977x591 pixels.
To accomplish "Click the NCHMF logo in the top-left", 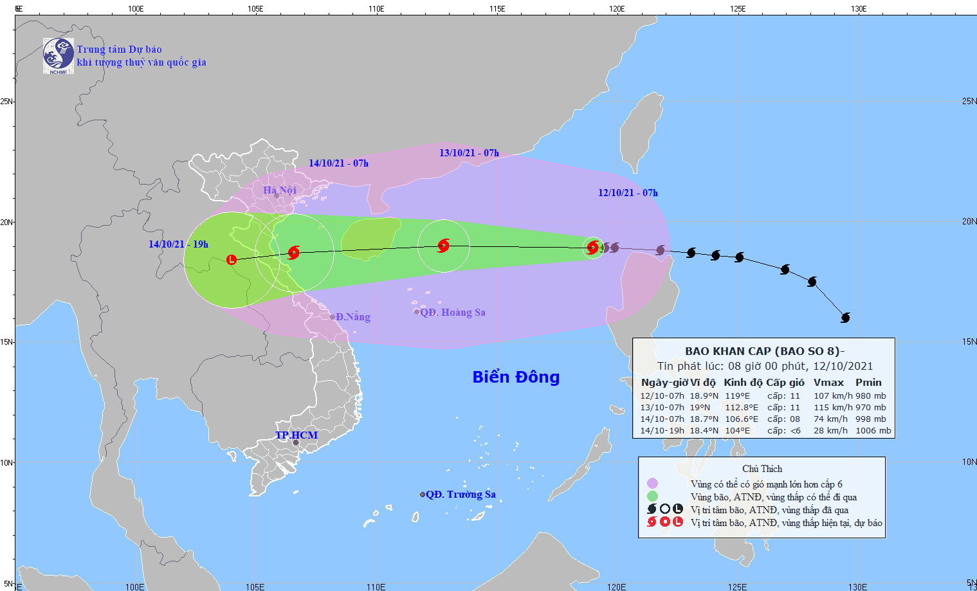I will (58, 55).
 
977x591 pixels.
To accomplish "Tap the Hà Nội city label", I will (280, 190).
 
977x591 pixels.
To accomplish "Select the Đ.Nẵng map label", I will (352, 316).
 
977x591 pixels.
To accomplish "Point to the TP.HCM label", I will (297, 435).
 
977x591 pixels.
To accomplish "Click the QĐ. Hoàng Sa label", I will (452, 312).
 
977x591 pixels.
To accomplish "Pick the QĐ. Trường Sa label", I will (461, 494).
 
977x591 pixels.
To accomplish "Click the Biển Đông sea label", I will (516, 377).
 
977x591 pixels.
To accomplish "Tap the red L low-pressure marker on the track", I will (232, 260).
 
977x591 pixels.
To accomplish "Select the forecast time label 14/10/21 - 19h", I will (178, 244).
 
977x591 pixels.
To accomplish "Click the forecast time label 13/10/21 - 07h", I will (469, 152).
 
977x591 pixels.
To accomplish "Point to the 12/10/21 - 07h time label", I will (628, 192).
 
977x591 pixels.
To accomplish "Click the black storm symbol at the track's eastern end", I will (845, 317).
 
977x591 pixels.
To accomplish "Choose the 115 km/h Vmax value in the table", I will (833, 407).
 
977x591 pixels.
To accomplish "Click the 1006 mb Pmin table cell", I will (873, 430).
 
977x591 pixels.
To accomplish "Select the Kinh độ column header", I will (743, 382).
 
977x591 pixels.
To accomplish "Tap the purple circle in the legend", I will (652, 483).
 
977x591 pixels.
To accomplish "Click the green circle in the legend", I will (652, 496).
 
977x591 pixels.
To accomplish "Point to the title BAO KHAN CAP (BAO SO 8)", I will (764, 351).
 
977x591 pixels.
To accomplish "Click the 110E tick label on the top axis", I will (376, 9).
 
